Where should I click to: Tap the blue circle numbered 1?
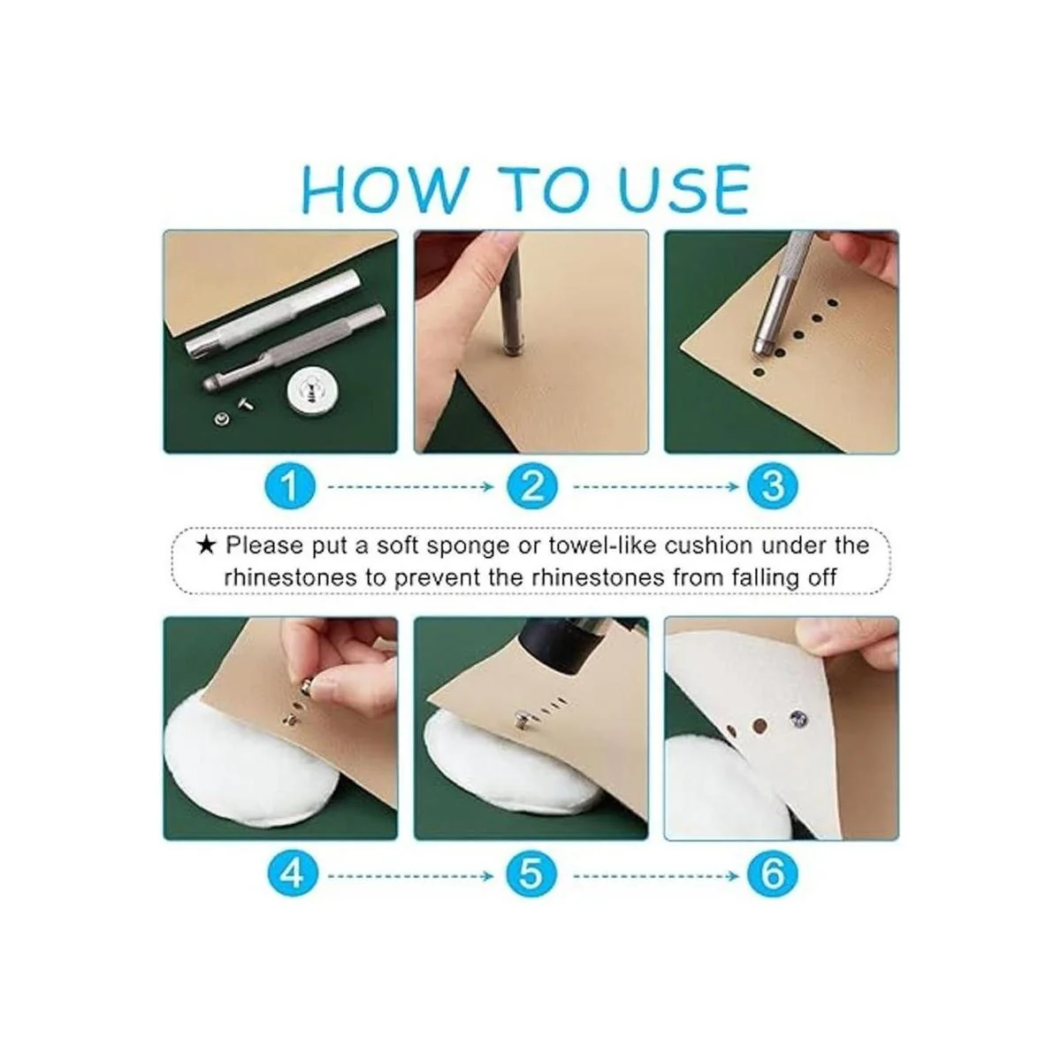[x=290, y=486]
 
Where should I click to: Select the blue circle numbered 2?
[x=531, y=486]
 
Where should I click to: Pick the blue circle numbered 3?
[x=772, y=486]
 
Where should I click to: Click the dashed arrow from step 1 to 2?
[x=411, y=486]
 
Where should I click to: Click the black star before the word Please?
[x=206, y=546]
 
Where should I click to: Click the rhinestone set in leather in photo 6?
[x=798, y=718]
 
